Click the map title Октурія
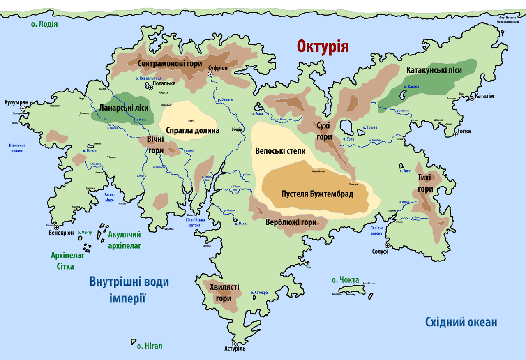323,46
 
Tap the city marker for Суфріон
210,74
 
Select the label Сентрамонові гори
170,64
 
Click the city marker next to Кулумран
23,108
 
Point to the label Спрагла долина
193,130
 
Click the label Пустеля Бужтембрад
317,194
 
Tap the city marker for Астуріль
234,344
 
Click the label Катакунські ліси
434,70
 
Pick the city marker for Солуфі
387,245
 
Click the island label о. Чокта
345,280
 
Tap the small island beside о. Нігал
133,342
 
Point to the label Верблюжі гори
291,222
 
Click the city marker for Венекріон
56,227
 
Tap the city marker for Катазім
472,98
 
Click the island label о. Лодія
44,24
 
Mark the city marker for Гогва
455,134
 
